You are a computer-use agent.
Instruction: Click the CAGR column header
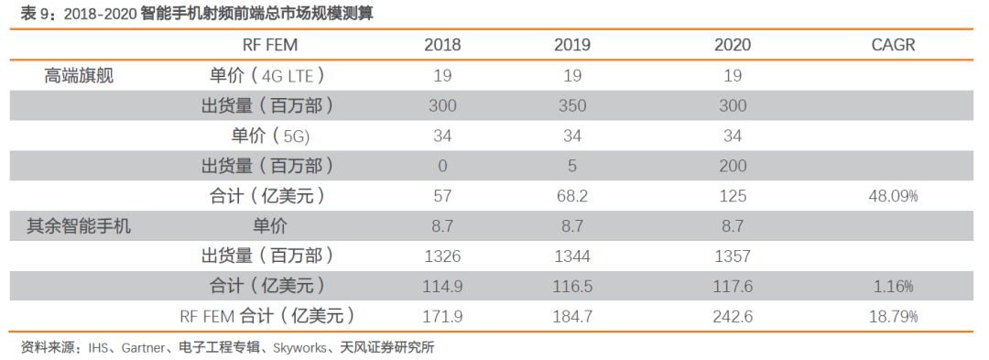[893, 45]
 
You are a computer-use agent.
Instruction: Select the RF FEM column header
[270, 45]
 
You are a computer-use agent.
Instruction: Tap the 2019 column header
[572, 45]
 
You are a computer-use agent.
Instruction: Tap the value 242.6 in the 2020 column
[733, 316]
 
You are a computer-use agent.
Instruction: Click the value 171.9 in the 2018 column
[443, 316]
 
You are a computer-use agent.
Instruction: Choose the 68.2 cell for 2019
[572, 196]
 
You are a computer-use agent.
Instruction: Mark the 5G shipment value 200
[733, 166]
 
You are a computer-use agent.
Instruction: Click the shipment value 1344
[572, 256]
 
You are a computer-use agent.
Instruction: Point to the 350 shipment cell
[572, 105]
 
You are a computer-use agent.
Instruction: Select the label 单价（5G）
[272, 136]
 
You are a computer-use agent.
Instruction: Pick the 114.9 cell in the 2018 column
[443, 286]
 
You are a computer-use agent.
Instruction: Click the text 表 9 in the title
[34, 13]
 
